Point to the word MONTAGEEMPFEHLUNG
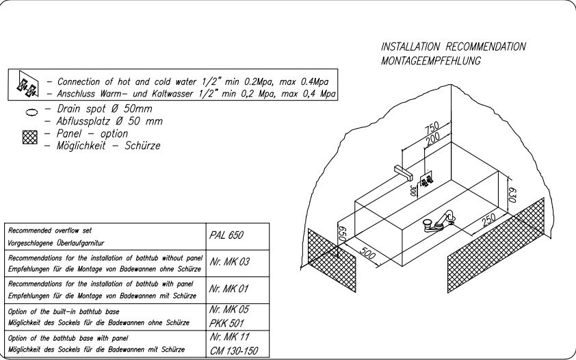431,61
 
